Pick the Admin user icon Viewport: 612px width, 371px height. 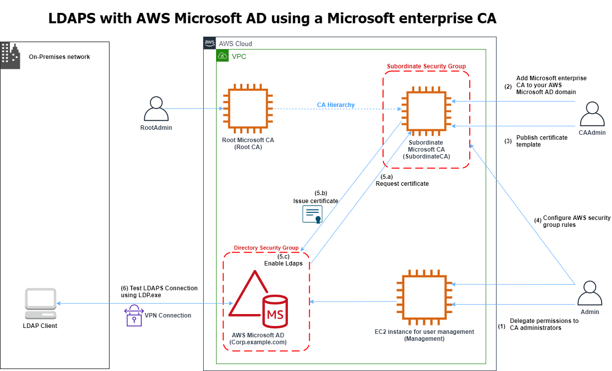pos(590,293)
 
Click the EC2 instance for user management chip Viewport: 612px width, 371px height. pos(424,297)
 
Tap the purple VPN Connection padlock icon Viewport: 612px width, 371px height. pos(133,316)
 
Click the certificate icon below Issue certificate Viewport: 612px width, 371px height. pos(312,214)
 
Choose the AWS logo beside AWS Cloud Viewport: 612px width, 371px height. pos(210,43)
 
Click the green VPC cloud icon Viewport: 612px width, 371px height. pos(223,55)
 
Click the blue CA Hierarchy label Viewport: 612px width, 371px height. pos(335,105)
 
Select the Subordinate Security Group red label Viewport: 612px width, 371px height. pos(426,66)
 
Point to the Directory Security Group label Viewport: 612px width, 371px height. pos(266,248)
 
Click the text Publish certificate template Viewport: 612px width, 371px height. pos(542,141)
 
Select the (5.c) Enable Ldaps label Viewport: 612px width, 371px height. pos(283,260)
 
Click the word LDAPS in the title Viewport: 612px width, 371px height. pos(75,18)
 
